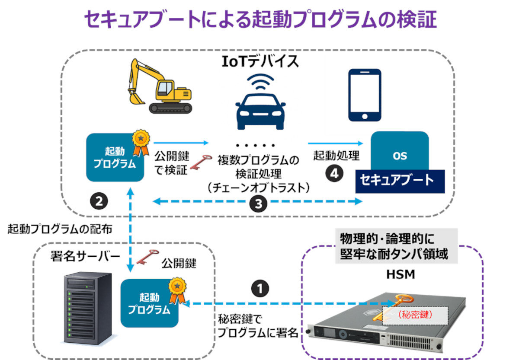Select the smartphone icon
click(365, 95)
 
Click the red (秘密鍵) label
click(416, 315)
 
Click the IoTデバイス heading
click(260, 61)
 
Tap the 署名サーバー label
click(86, 256)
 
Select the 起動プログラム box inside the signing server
click(149, 303)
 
